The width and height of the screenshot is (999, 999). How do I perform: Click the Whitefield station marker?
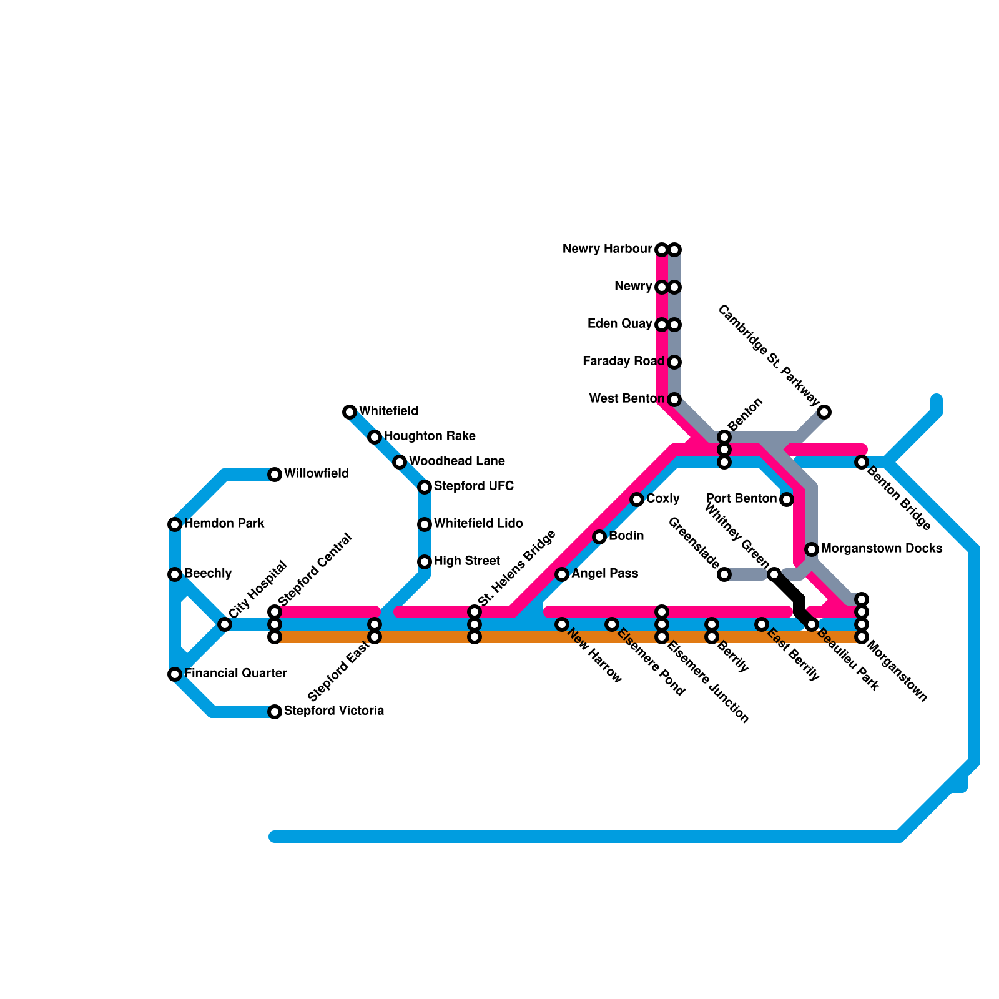(350, 412)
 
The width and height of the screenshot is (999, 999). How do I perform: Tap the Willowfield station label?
(316, 474)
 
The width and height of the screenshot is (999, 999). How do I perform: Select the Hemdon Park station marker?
(175, 524)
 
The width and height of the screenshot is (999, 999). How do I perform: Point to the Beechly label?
(208, 574)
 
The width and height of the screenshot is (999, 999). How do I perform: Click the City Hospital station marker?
(225, 624)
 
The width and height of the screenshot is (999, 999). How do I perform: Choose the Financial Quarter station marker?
(175, 674)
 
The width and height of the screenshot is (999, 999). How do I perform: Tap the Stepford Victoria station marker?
(275, 712)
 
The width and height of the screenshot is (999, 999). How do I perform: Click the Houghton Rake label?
(430, 436)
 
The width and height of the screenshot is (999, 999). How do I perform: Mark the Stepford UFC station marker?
(425, 487)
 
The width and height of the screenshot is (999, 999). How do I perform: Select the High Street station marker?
(425, 562)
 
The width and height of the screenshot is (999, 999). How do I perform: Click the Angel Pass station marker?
(562, 574)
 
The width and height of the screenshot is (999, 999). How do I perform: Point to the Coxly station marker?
(637, 499)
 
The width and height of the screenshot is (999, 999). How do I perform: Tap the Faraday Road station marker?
(674, 362)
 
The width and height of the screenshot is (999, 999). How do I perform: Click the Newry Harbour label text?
(607, 249)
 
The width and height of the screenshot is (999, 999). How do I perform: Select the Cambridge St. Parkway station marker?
(824, 412)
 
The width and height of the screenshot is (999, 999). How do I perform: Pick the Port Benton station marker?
(787, 499)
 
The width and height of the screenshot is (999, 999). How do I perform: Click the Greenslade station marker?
(724, 574)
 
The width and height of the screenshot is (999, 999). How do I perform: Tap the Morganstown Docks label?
(881, 549)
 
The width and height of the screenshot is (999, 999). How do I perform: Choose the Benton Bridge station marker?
(862, 462)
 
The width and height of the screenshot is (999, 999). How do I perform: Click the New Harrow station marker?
(562, 624)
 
